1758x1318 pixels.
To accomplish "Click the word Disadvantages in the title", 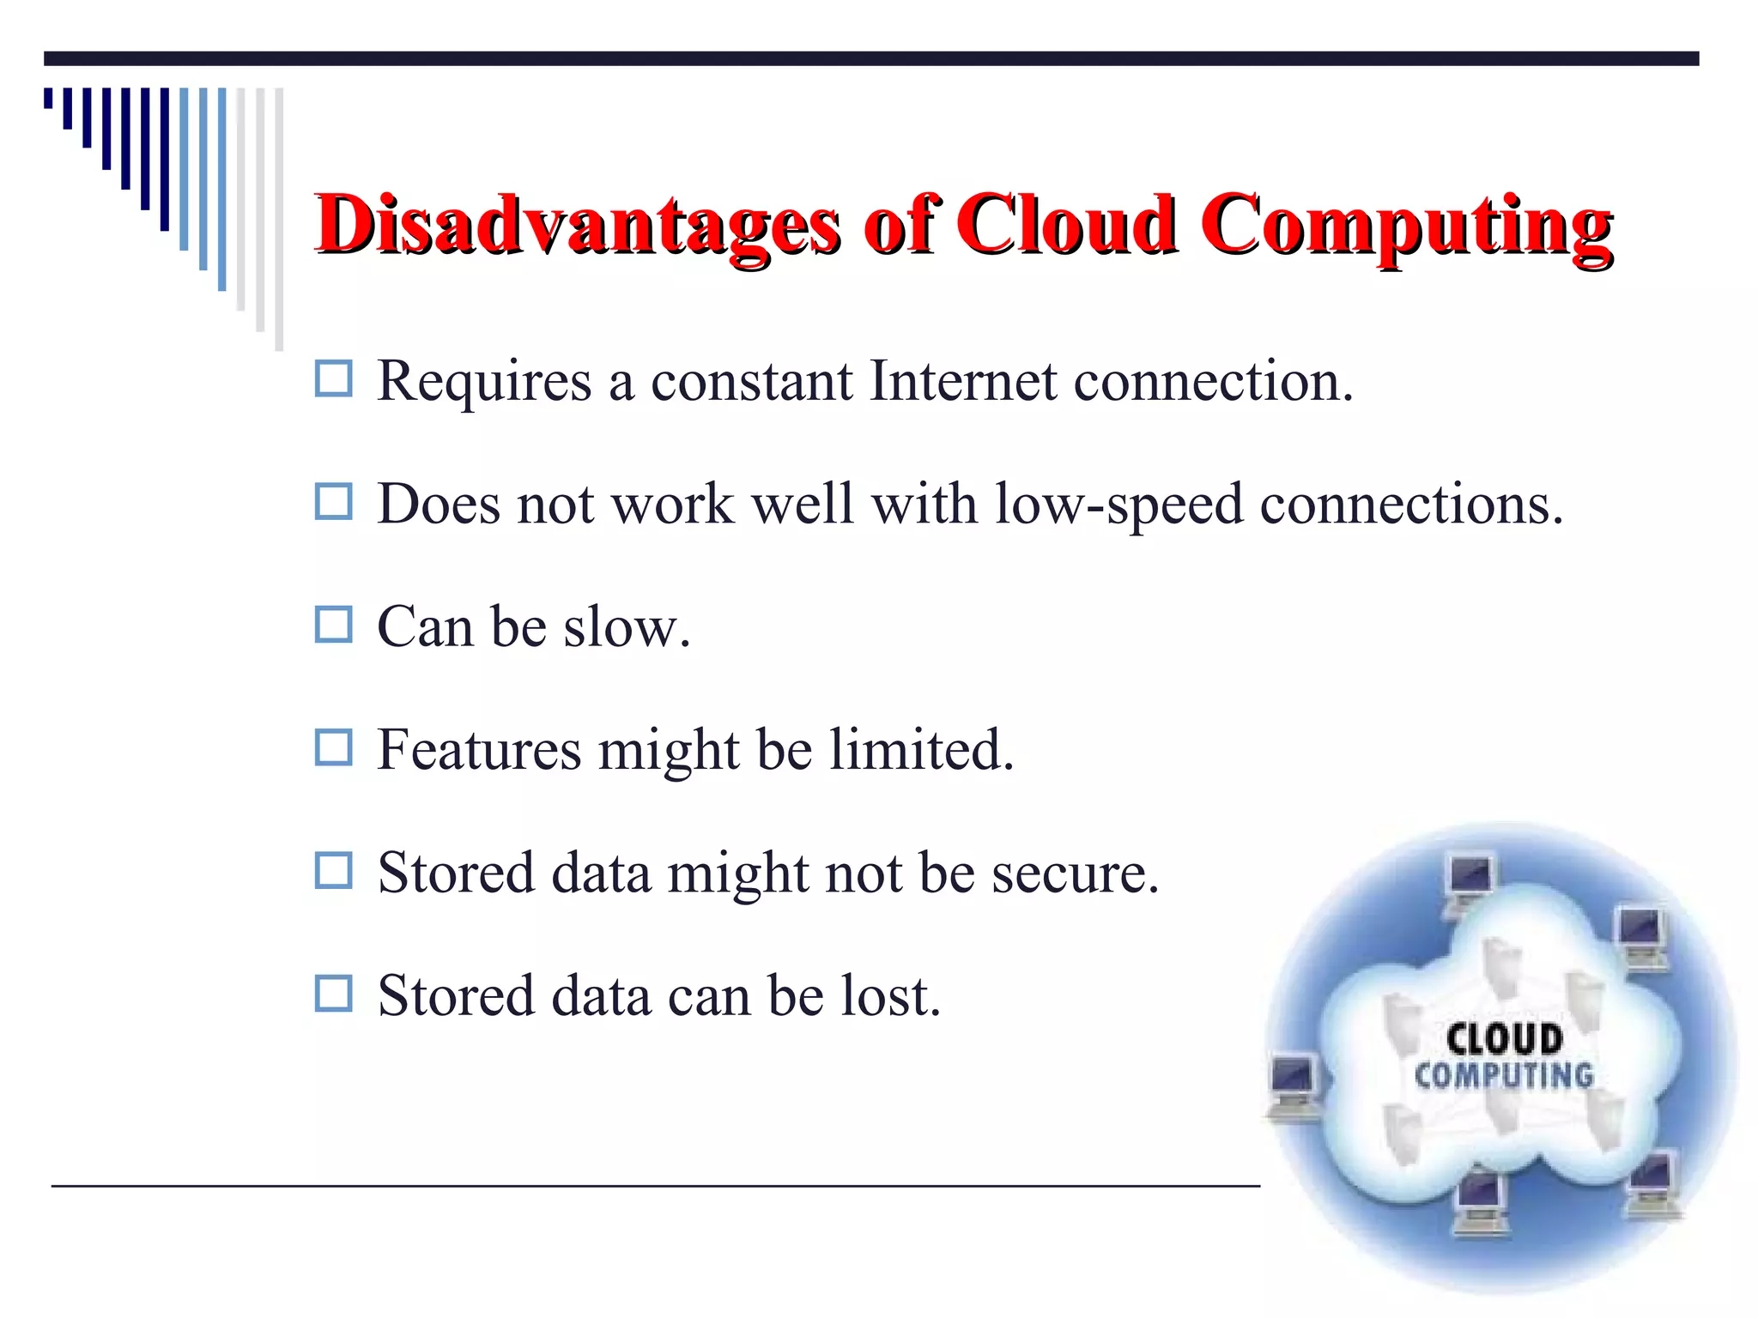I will point(577,225).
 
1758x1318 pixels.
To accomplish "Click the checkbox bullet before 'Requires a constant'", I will point(333,378).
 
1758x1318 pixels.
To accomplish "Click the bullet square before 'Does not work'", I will point(333,502).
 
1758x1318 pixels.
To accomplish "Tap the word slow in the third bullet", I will point(625,627).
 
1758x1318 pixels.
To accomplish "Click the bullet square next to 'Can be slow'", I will point(333,625).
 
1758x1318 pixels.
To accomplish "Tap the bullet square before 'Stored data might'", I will point(333,870).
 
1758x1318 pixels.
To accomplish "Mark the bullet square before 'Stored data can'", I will point(333,994).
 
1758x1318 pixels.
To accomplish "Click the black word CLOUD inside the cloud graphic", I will point(1504,1039).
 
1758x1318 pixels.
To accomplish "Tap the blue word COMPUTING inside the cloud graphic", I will point(1504,1075).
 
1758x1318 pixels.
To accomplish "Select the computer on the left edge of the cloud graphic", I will point(1294,1086).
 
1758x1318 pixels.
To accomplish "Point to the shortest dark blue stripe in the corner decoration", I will point(48,98).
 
